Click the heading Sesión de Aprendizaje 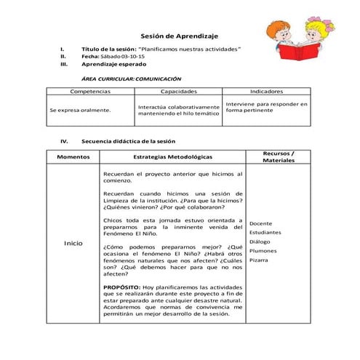point(179,36)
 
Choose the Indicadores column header point(266,92)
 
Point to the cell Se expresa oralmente point(80,110)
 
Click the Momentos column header point(73,156)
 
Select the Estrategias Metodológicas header point(173,156)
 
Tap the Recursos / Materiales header point(279,156)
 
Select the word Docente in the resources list point(260,223)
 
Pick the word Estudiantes point(265,233)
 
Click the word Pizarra point(259,260)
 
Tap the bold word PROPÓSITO point(121,287)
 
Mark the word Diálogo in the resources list point(260,241)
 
